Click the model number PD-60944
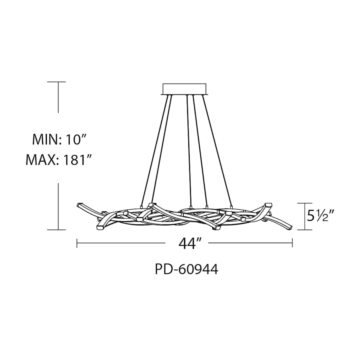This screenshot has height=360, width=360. [x=186, y=270]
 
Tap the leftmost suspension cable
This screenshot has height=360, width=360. [x=156, y=148]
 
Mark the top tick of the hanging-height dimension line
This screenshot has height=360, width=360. [x=59, y=82]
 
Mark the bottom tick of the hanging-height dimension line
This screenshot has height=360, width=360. [x=59, y=230]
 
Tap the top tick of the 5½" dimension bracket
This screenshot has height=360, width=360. [x=306, y=203]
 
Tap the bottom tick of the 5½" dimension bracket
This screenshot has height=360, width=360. [x=306, y=230]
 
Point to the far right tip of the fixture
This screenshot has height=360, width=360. [x=292, y=228]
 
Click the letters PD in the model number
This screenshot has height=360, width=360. [x=161, y=270]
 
